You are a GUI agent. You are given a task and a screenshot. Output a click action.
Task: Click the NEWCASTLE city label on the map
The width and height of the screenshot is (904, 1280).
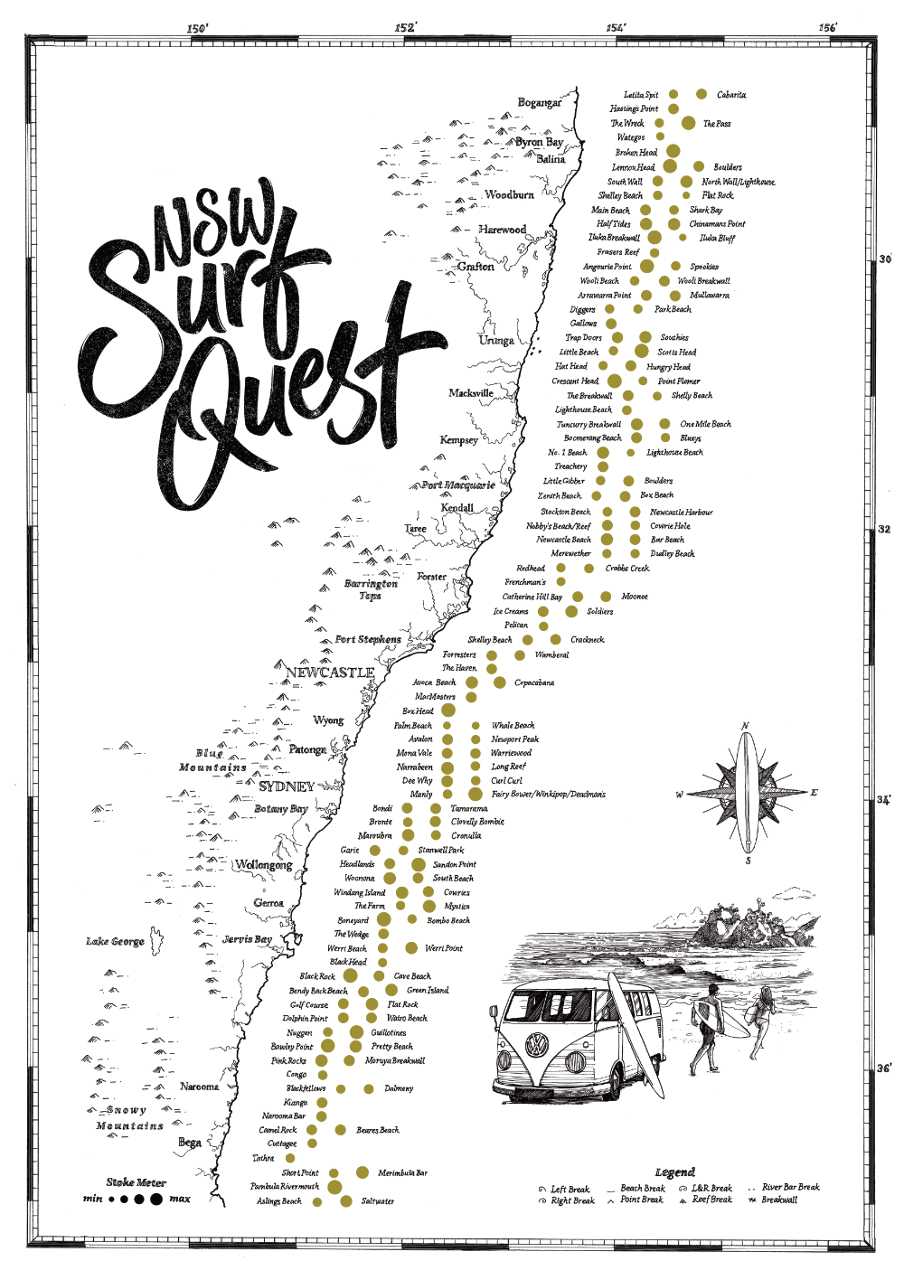pos(329,673)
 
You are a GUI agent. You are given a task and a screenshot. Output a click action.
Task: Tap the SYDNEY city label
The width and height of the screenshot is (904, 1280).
pos(287,786)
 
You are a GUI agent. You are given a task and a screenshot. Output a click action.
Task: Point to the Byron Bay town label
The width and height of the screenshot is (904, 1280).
pos(540,142)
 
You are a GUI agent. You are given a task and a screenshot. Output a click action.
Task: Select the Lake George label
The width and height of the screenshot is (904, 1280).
pos(115,941)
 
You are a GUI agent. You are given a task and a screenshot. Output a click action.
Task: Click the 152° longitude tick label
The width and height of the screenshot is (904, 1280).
pos(405,27)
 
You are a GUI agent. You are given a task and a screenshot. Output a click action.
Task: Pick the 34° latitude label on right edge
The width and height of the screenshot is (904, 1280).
pos(883,800)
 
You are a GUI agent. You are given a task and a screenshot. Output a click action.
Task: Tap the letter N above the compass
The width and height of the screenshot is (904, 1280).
pos(746,726)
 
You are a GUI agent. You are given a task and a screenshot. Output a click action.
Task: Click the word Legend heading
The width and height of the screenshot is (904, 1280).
pos(674,1172)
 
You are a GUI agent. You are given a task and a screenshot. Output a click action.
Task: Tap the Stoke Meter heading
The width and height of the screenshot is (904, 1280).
pos(137,1181)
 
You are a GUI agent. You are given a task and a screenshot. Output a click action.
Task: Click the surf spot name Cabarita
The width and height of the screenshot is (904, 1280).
pos(731,95)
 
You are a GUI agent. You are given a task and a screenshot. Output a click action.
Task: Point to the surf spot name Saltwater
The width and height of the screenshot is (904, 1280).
pos(378,1201)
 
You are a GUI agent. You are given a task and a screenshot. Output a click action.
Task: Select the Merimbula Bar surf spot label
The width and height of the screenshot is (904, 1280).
pos(402,1172)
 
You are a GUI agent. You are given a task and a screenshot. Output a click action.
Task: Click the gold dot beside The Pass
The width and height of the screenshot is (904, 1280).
pos(688,123)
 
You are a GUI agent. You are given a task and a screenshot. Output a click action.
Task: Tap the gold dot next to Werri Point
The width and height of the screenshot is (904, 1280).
pos(411,947)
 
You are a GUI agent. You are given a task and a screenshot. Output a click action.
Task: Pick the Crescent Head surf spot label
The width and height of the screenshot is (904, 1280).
pos(575,381)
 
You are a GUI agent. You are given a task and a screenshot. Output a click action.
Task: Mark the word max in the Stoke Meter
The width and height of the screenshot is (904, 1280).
pos(180,1199)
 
